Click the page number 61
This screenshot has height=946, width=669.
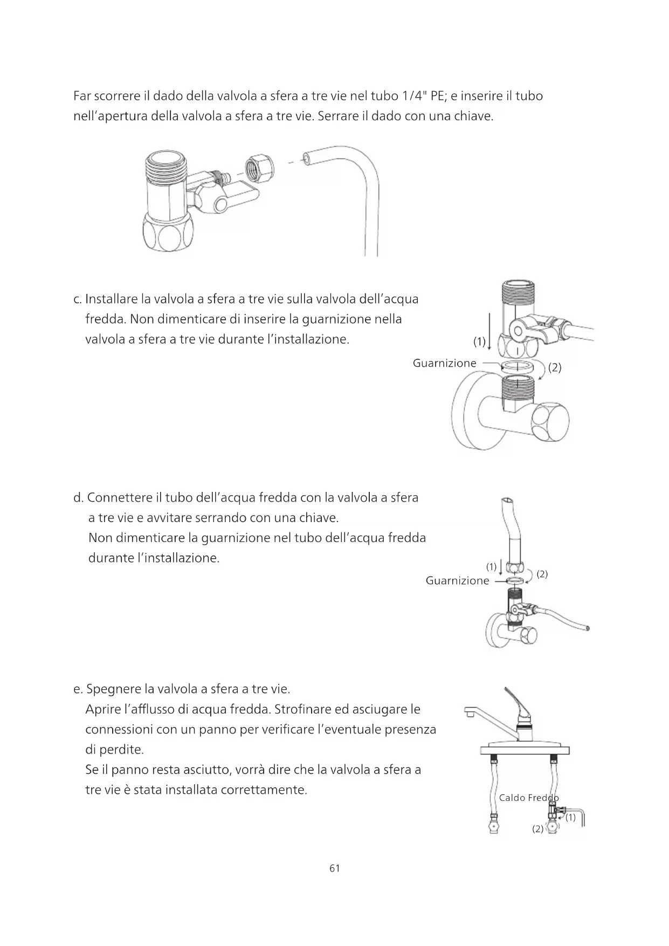click(x=334, y=868)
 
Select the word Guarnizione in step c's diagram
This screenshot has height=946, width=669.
click(x=444, y=363)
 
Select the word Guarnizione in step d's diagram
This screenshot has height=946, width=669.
click(x=457, y=580)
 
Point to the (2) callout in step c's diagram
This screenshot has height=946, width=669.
click(x=555, y=368)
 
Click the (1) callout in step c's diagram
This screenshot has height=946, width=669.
click(x=479, y=341)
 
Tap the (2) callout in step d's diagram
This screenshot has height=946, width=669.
click(x=542, y=574)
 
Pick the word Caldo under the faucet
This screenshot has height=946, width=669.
click(x=512, y=798)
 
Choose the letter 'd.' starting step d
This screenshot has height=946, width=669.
click(x=78, y=498)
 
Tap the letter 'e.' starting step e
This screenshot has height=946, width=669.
click(x=78, y=689)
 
